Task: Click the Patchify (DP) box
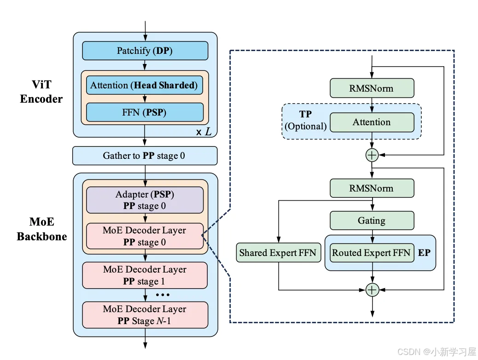click(145, 51)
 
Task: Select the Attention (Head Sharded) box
click(145, 85)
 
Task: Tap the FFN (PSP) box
click(145, 112)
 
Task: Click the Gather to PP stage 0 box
click(145, 156)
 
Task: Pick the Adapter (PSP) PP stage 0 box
click(145, 200)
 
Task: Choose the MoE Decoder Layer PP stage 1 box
click(145, 275)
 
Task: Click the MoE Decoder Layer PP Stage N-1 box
click(145, 315)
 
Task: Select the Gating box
click(372, 221)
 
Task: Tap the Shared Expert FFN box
click(279, 253)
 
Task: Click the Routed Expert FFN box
click(372, 253)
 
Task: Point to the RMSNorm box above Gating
click(372, 188)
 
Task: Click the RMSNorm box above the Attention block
click(372, 88)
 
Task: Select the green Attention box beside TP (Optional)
click(372, 122)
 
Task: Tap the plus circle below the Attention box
click(372, 155)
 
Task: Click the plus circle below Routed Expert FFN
click(372, 290)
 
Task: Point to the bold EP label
click(424, 253)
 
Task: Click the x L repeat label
click(204, 132)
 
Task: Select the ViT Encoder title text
click(41, 92)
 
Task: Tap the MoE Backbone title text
click(42, 229)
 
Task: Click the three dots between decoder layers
click(163, 295)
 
